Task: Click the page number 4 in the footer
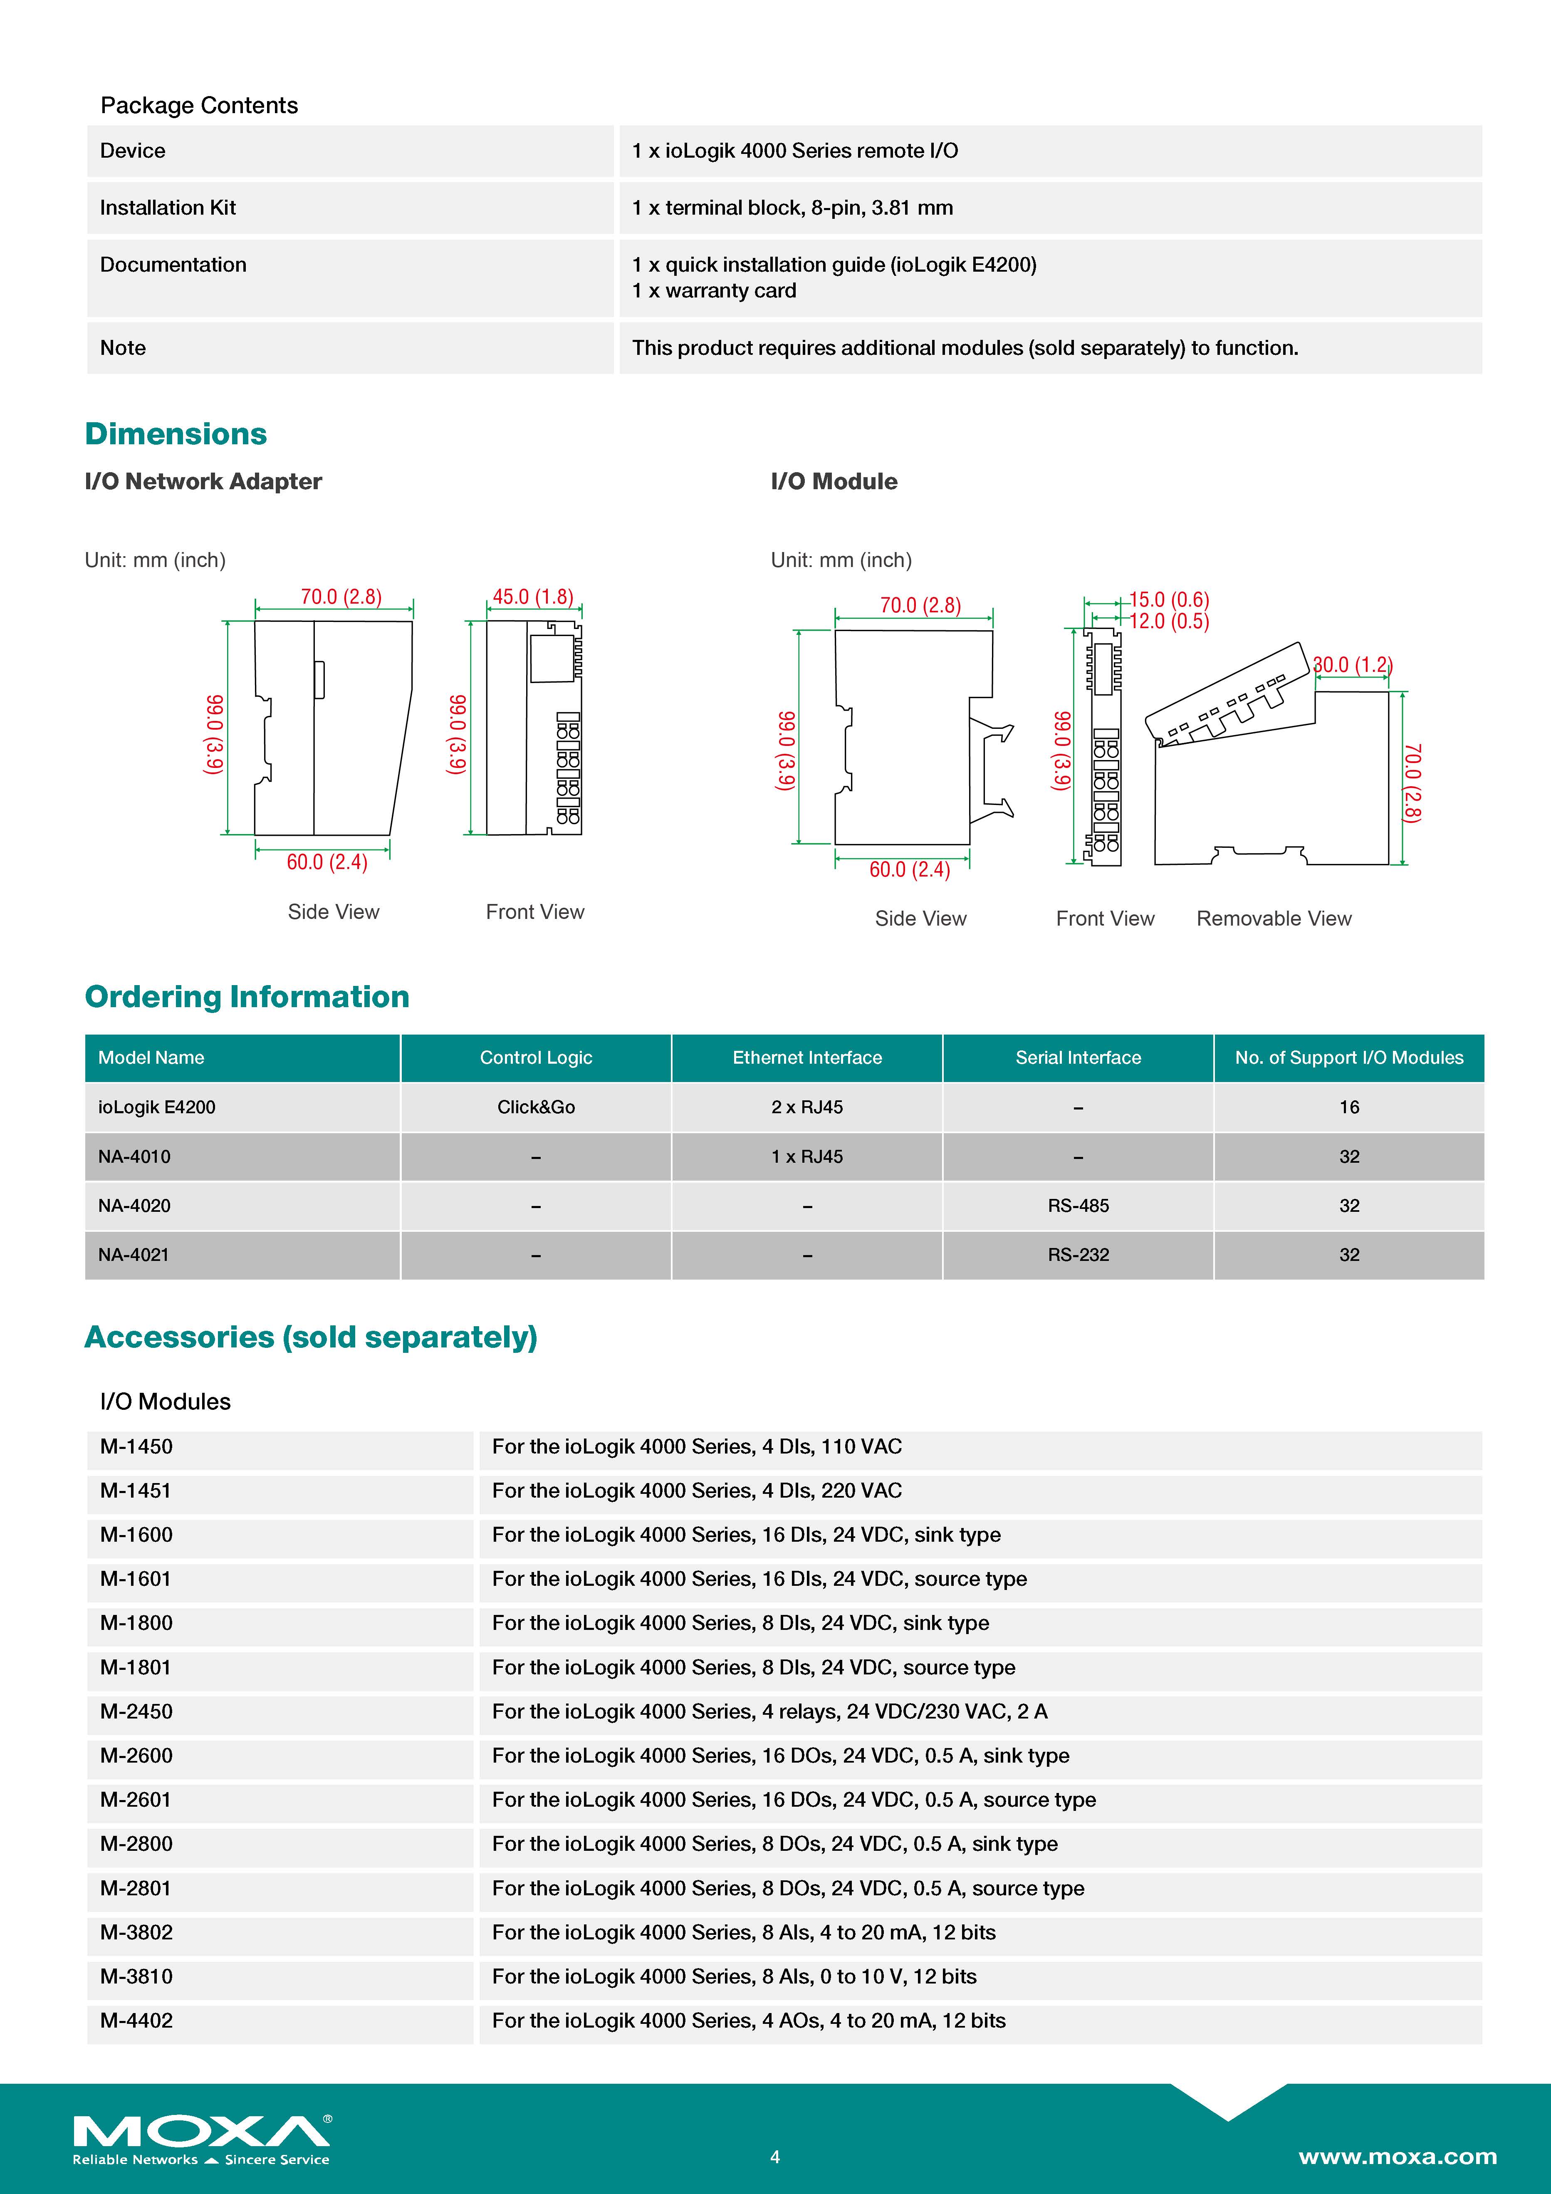tap(775, 2157)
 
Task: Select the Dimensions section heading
tap(176, 434)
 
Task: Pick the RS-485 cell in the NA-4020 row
tap(1078, 1206)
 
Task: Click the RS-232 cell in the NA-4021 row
tap(1078, 1255)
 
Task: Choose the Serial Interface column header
tap(1078, 1058)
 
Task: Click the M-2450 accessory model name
tap(137, 1711)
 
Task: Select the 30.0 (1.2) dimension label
tap(1352, 664)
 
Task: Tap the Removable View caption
tap(1274, 918)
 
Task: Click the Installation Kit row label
tap(168, 207)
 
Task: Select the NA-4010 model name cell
tap(135, 1156)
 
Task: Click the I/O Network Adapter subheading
tap(203, 482)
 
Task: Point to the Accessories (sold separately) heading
tap(311, 1337)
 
